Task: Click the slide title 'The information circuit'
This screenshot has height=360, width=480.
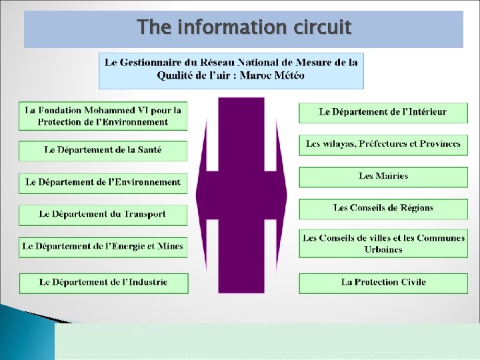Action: pyautogui.click(x=243, y=27)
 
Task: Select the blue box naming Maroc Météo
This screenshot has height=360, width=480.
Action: pyautogui.click(x=231, y=69)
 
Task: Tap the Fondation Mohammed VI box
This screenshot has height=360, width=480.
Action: pyautogui.click(x=103, y=116)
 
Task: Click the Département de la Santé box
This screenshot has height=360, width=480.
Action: pyautogui.click(x=103, y=150)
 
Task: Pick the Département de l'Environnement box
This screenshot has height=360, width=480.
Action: pyautogui.click(x=103, y=182)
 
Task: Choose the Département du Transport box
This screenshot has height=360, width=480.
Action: pyautogui.click(x=103, y=214)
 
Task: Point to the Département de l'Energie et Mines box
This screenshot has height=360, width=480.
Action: pyautogui.click(x=103, y=246)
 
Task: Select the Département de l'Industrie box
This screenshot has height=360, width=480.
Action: pyautogui.click(x=103, y=282)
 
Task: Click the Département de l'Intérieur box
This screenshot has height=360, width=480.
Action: pyautogui.click(x=383, y=112)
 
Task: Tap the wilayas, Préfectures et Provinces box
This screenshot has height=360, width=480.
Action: pyautogui.click(x=383, y=144)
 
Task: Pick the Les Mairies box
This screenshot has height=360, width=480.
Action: pyautogui.click(x=383, y=176)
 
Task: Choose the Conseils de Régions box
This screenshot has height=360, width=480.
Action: pyautogui.click(x=383, y=208)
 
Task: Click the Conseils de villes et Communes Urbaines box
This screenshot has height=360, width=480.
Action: pyautogui.click(x=383, y=243)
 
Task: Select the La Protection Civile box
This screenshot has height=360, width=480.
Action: pyautogui.click(x=383, y=282)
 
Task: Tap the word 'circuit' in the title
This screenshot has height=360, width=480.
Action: pyautogui.click(x=319, y=27)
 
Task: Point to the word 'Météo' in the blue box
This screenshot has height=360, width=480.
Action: pyautogui.click(x=289, y=75)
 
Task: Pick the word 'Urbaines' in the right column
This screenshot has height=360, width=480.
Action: pyautogui.click(x=383, y=249)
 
